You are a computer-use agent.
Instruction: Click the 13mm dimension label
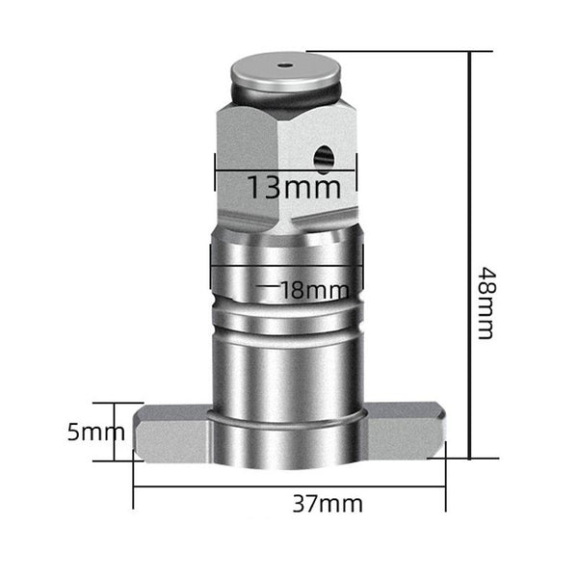294,187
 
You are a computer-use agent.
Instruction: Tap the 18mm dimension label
314,290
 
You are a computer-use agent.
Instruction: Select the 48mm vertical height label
486,303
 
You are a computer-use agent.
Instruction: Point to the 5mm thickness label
95,432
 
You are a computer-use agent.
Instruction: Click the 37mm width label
328,504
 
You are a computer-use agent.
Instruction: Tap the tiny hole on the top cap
285,66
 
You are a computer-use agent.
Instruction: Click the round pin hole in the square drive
324,159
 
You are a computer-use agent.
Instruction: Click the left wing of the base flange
172,433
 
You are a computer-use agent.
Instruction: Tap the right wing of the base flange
406,432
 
